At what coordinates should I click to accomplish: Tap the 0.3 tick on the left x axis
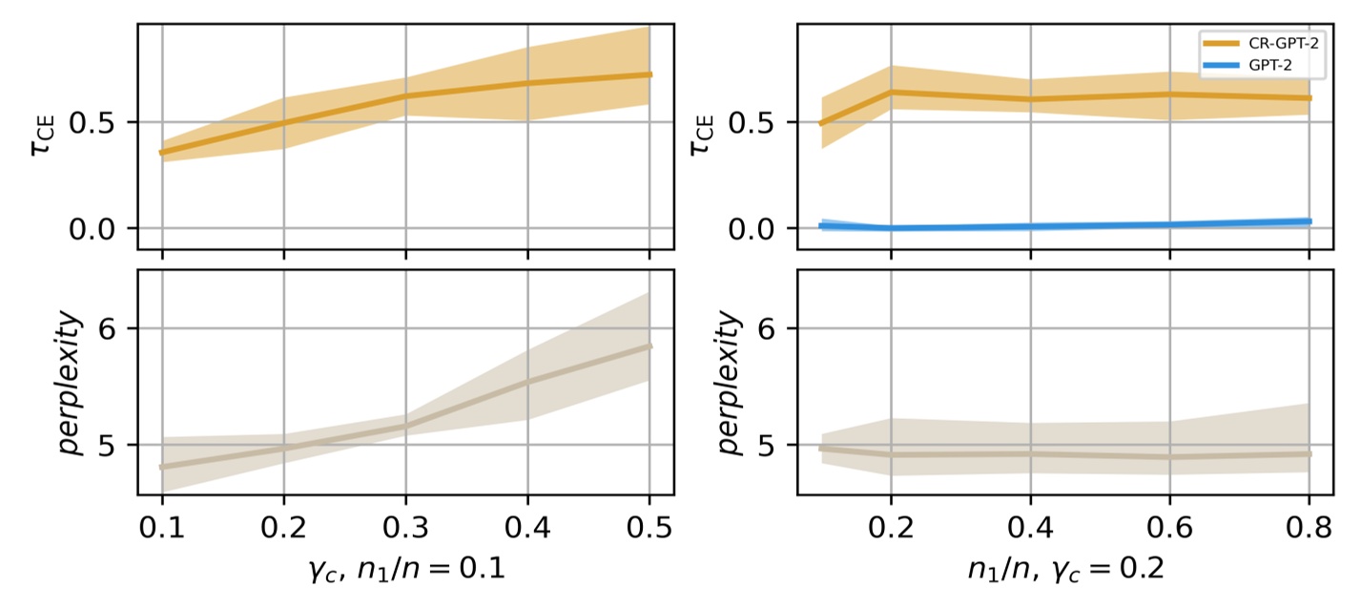click(405, 526)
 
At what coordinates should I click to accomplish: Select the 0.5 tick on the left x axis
click(649, 526)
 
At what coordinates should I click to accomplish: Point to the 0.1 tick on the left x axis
click(162, 526)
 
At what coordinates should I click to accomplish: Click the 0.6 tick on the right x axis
click(1170, 526)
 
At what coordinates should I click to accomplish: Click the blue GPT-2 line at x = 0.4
click(1030, 226)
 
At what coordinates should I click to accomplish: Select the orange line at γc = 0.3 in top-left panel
click(405, 95)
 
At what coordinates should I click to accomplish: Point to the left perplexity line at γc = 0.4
click(527, 382)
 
